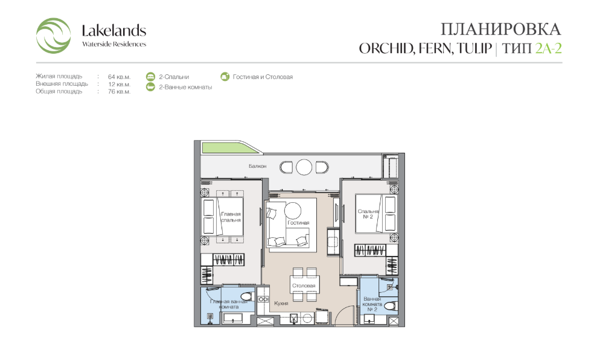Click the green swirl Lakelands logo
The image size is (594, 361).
pyautogui.click(x=53, y=36)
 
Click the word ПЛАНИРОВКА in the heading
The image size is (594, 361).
pyautogui.click(x=500, y=29)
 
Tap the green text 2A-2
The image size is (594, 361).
pyautogui.click(x=548, y=48)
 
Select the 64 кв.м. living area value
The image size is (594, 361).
pyautogui.click(x=119, y=77)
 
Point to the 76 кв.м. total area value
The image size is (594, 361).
pyautogui.click(x=119, y=92)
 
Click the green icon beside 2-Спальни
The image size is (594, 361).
pyautogui.click(x=150, y=77)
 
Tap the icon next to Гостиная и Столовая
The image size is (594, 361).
pyautogui.click(x=225, y=77)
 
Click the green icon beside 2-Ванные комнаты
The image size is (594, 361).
pyautogui.click(x=150, y=87)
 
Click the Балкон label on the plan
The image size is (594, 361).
pyautogui.click(x=258, y=166)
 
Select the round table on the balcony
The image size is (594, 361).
pyautogui.click(x=304, y=167)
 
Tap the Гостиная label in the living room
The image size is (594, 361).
pyautogui.click(x=299, y=223)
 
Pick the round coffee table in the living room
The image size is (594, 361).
pyautogui.click(x=293, y=210)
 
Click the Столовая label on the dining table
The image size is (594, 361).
pyautogui.click(x=304, y=286)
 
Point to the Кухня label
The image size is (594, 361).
pyautogui.click(x=281, y=304)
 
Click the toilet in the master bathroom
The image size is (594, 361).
pyautogui.click(x=246, y=296)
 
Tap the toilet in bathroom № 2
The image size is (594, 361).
pyautogui.click(x=391, y=305)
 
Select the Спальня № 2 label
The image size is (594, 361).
pyautogui.click(x=368, y=214)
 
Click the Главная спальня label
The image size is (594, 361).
pyautogui.click(x=231, y=217)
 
